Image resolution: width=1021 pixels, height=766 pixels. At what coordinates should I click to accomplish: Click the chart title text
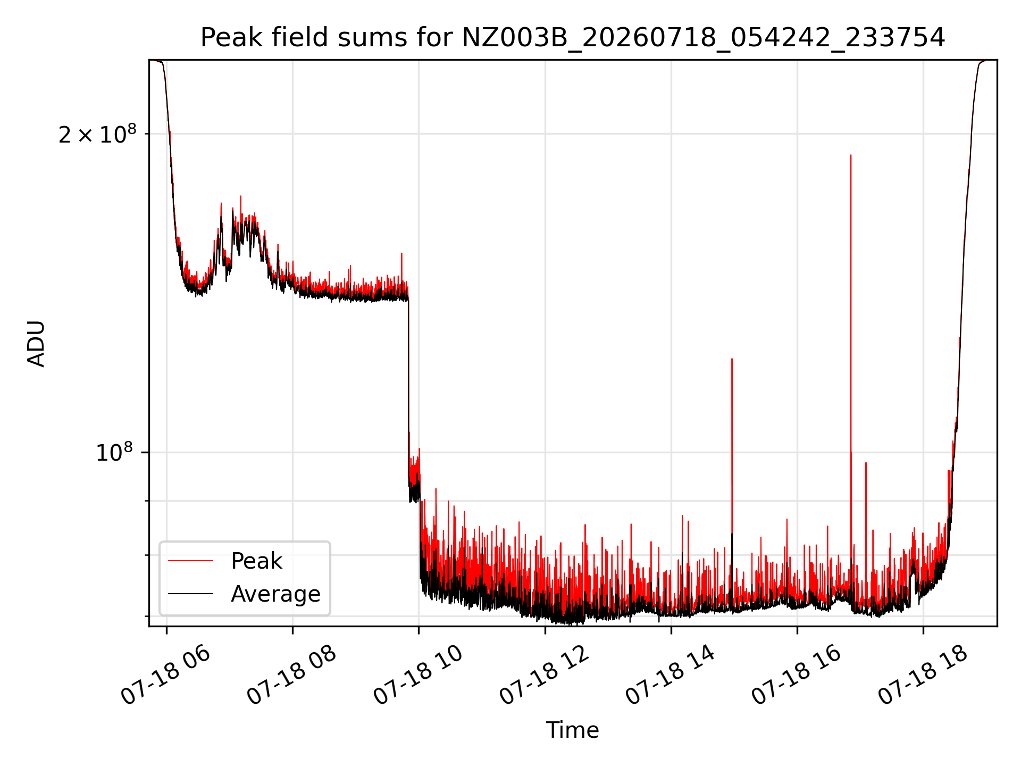(x=573, y=38)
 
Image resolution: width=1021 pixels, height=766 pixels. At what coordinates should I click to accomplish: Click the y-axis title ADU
(x=36, y=343)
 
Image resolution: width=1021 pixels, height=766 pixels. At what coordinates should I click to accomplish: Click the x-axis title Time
(x=573, y=730)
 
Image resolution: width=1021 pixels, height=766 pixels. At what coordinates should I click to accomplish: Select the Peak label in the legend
(x=256, y=561)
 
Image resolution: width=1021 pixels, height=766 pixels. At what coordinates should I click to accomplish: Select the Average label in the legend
(x=275, y=594)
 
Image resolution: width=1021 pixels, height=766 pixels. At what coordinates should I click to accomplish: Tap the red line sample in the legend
(x=190, y=561)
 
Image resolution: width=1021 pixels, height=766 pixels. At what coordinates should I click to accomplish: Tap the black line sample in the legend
(x=190, y=594)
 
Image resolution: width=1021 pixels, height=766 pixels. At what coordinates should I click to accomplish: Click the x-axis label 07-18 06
(x=165, y=676)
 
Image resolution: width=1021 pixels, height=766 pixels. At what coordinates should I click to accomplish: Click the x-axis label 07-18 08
(x=291, y=676)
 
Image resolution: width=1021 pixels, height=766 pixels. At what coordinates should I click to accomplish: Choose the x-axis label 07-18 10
(x=417, y=676)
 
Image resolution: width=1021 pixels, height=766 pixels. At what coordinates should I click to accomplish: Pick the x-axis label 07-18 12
(x=544, y=676)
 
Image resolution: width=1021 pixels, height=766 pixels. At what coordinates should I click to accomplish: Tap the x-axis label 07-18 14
(x=670, y=676)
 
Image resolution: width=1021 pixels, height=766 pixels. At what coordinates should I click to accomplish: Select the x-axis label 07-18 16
(x=796, y=676)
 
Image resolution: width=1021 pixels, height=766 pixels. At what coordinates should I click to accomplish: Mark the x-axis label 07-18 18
(x=922, y=676)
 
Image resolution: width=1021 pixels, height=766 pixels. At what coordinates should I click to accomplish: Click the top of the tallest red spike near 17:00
(x=851, y=155)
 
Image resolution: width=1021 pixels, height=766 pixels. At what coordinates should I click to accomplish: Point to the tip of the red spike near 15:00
(x=732, y=359)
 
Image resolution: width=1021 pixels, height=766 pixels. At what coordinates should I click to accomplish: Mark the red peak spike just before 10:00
(x=401, y=254)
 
